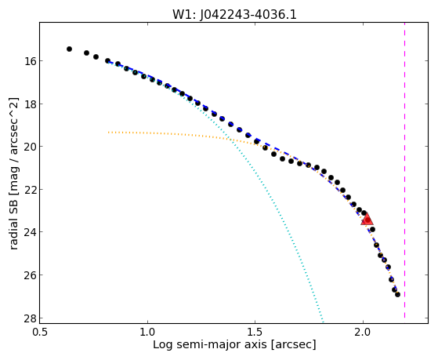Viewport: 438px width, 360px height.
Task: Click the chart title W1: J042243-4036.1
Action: click(234, 14)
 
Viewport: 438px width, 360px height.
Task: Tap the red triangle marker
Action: click(367, 219)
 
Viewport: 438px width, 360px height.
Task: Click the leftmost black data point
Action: click(69, 49)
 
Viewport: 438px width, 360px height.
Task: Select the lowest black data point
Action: click(397, 294)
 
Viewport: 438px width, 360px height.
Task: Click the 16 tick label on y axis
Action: click(29, 60)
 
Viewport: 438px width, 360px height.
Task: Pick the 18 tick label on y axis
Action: click(29, 104)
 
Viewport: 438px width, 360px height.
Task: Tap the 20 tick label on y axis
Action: click(29, 147)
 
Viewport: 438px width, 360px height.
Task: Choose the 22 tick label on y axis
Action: click(29, 189)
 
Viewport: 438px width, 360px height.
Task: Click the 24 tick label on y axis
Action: click(29, 232)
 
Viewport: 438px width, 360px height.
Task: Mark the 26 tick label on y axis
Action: click(29, 275)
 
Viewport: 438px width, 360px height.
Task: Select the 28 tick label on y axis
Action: click(29, 318)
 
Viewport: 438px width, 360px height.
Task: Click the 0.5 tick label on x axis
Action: click(41, 332)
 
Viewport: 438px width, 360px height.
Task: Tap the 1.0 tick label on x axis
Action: click(147, 332)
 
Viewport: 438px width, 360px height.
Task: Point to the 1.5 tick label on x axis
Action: click(255, 332)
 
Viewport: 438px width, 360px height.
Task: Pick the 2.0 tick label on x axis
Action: click(363, 332)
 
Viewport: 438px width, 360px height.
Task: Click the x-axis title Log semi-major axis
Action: click(210, 345)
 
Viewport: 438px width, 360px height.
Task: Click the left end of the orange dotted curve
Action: click(109, 132)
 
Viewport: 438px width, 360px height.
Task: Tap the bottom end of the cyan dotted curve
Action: click(323, 322)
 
